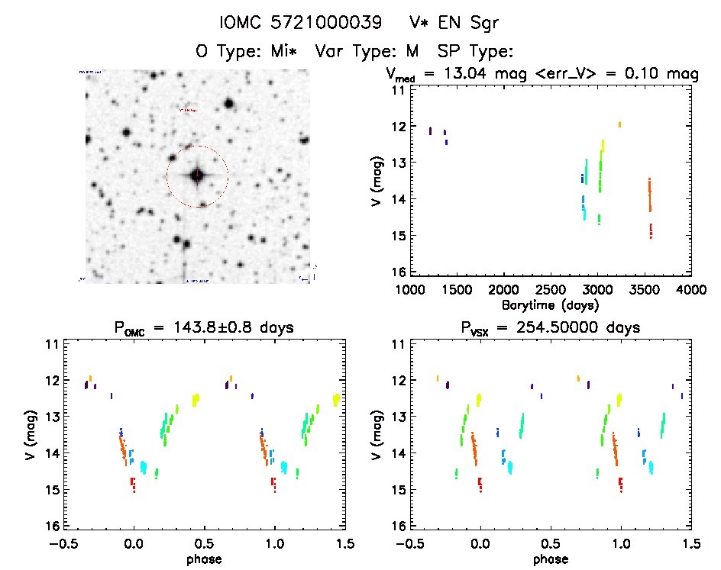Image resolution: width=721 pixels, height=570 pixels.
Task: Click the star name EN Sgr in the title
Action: (466, 24)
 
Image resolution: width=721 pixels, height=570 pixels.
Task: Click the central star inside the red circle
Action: (197, 176)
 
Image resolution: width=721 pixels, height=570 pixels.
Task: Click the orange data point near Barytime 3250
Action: (619, 124)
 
